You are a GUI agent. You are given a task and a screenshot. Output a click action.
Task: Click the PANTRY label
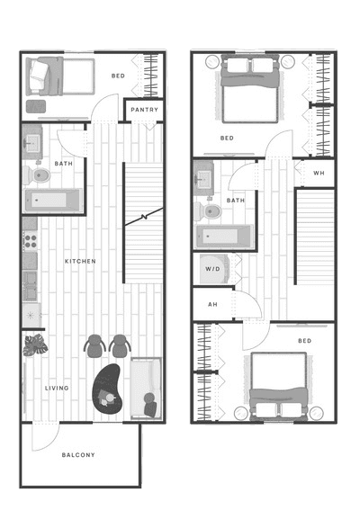tap(144, 110)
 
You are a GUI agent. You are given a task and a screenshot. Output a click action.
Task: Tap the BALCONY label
tap(78, 455)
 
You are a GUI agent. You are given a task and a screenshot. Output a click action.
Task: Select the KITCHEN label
tap(80, 261)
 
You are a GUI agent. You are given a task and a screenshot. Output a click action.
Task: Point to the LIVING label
tap(57, 388)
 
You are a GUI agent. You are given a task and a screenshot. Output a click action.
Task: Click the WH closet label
tap(319, 173)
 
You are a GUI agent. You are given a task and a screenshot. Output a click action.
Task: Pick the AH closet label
tap(212, 304)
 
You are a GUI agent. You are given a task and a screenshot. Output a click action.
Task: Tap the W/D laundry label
tap(212, 269)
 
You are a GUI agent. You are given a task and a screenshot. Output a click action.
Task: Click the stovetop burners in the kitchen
tap(31, 241)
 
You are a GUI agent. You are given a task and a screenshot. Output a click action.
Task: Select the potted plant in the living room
tap(35, 345)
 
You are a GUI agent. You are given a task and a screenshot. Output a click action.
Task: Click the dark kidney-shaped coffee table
tap(108, 389)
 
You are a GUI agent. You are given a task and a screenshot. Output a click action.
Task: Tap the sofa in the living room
tap(146, 388)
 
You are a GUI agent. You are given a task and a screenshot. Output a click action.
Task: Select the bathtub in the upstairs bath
tap(224, 237)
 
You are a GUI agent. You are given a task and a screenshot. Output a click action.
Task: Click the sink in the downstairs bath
tap(32, 143)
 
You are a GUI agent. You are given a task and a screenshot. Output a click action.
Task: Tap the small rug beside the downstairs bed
tap(36, 106)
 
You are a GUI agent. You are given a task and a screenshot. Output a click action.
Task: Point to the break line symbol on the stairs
tap(143, 217)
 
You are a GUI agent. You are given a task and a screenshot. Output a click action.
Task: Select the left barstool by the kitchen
tap(94, 346)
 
